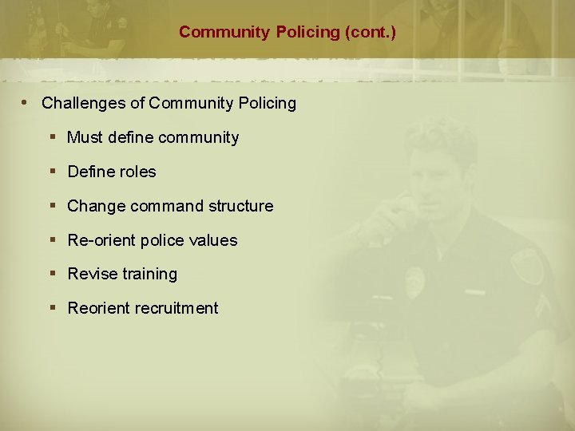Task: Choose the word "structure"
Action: (x=241, y=206)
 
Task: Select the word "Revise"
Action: (x=92, y=274)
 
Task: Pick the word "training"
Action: (x=149, y=274)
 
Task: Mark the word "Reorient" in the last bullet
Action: (x=99, y=308)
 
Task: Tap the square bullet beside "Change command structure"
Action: (x=53, y=206)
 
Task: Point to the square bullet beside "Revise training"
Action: (x=53, y=274)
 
